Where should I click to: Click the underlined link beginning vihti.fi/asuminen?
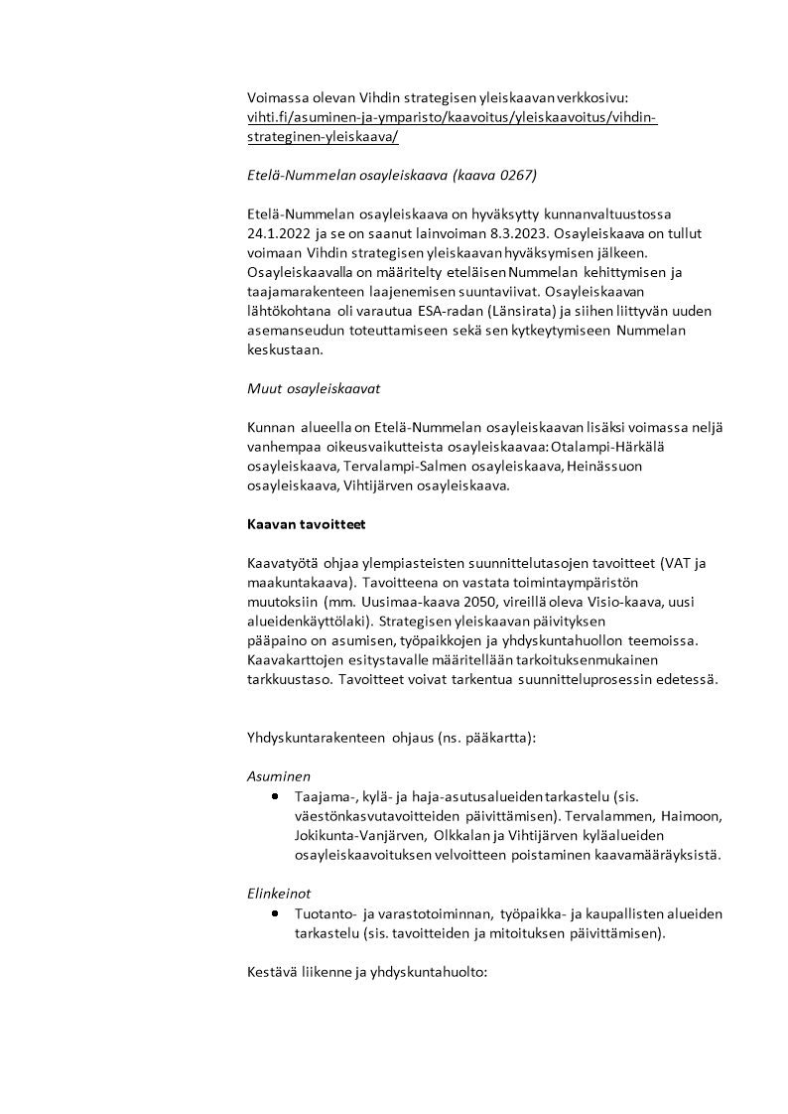point(452,117)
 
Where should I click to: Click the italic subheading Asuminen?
point(278,776)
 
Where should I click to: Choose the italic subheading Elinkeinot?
point(279,893)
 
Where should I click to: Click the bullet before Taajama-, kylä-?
point(274,796)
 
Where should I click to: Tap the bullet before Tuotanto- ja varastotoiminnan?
point(274,912)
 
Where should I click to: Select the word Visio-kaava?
point(631,603)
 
